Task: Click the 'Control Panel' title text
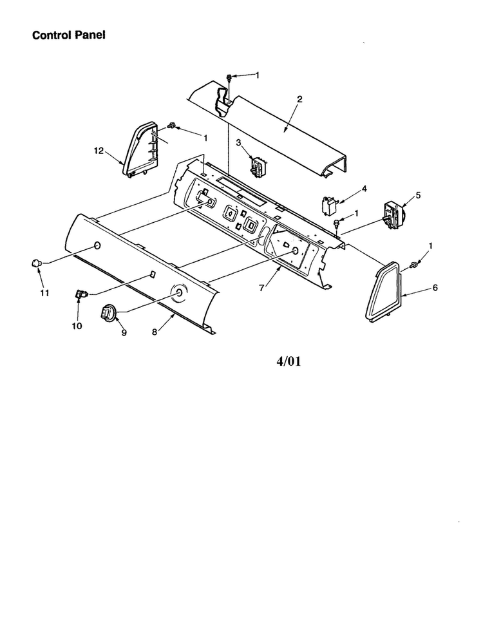click(x=69, y=35)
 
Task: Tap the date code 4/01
click(x=289, y=361)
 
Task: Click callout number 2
click(x=299, y=99)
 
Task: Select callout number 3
click(x=238, y=142)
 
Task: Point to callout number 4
click(x=364, y=189)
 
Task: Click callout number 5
click(x=418, y=195)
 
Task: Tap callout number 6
click(x=435, y=287)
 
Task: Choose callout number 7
click(x=261, y=287)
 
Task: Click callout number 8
click(x=155, y=332)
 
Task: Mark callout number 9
click(x=124, y=332)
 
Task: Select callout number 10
click(x=77, y=326)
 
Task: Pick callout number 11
click(x=44, y=293)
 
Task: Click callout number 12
click(x=99, y=151)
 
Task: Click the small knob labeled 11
click(x=37, y=262)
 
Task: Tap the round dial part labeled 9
click(x=109, y=311)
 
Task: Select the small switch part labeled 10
click(x=81, y=295)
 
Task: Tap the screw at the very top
click(x=229, y=77)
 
